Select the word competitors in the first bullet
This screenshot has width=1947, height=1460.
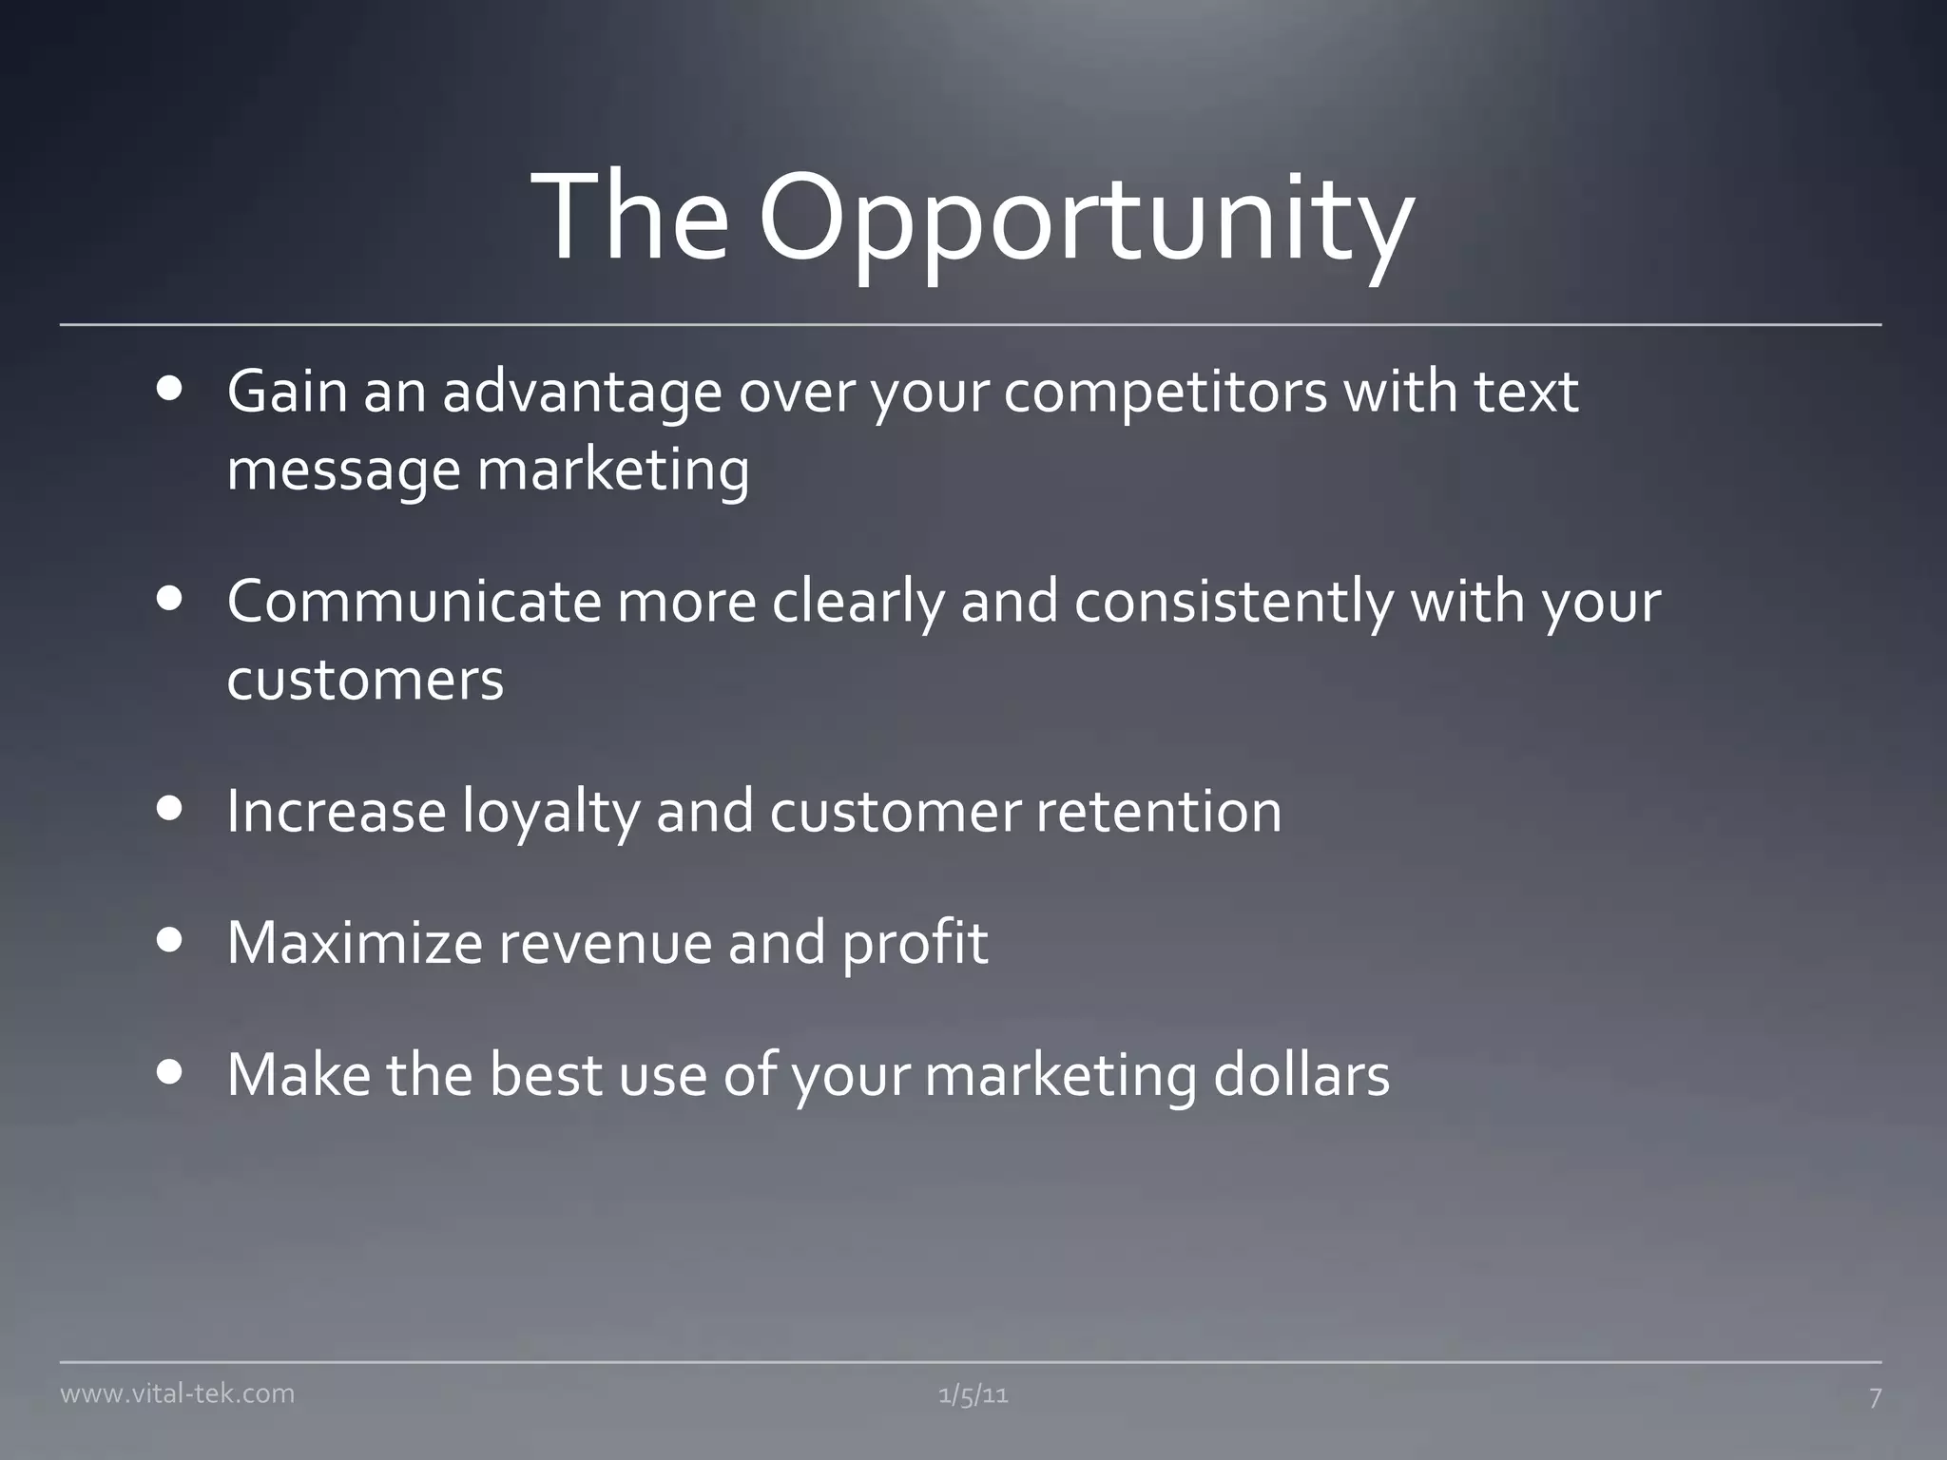tap(1165, 392)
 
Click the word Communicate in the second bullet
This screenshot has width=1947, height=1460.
tap(414, 602)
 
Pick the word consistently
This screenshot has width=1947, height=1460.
tap(1234, 604)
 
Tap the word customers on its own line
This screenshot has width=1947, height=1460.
tap(365, 681)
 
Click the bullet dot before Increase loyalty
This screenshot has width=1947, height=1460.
tap(170, 809)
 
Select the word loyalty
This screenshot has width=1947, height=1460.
tap(551, 814)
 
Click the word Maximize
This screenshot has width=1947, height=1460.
tap(355, 943)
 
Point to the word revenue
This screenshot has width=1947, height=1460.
tap(605, 945)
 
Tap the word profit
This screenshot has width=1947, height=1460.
tap(915, 945)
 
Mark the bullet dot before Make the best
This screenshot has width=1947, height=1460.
tap(170, 1073)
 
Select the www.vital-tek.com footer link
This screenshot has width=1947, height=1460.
tap(177, 1393)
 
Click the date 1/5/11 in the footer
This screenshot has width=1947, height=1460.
tap(973, 1395)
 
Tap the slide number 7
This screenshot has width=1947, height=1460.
tap(1875, 1396)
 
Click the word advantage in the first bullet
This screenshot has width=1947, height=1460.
tap(582, 394)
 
